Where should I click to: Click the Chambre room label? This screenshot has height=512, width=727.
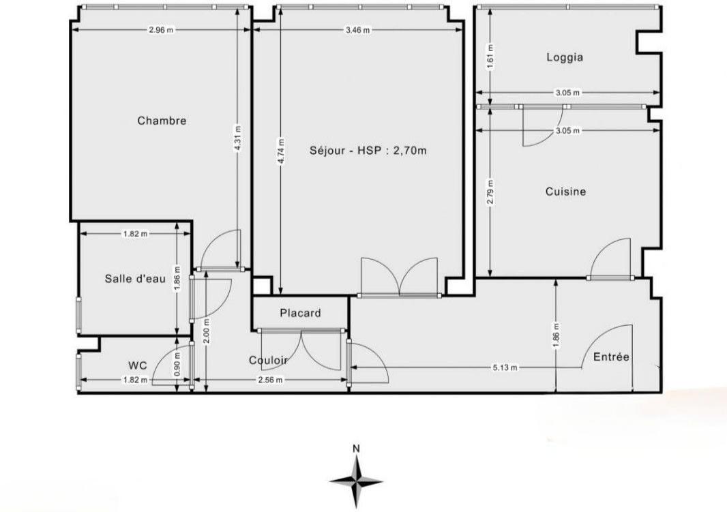[x=162, y=121]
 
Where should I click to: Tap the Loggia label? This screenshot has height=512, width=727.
[x=565, y=57]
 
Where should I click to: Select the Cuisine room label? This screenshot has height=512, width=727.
[x=565, y=192]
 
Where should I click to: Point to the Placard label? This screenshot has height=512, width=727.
[x=300, y=313]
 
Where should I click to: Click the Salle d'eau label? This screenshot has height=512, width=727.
[x=135, y=279]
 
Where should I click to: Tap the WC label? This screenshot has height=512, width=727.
[x=137, y=365]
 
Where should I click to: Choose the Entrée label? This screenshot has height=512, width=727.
[x=611, y=357]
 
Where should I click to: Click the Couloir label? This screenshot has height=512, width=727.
[x=269, y=360]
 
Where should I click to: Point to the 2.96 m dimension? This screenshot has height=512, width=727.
[x=161, y=30]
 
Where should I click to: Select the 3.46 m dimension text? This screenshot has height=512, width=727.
[x=357, y=30]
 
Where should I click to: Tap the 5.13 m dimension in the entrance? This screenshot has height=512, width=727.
[x=505, y=368]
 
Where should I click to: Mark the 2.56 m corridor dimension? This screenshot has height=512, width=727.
[x=270, y=380]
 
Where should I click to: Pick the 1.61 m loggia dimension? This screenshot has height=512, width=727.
[x=491, y=56]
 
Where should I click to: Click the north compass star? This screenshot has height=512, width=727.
[x=356, y=481]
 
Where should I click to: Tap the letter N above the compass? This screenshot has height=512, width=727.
[x=356, y=449]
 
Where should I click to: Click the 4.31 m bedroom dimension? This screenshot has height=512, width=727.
[x=237, y=138]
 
